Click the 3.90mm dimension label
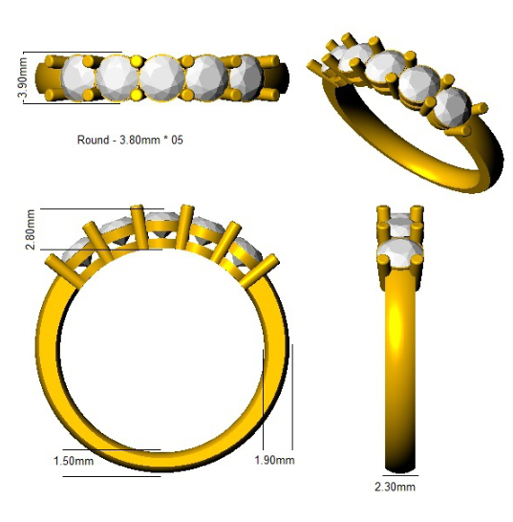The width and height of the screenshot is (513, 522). coord(22,77)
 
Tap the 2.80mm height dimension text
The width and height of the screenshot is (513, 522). coord(30,229)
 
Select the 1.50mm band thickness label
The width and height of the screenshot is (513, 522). coord(74,461)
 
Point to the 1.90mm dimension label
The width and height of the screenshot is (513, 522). coord(274,460)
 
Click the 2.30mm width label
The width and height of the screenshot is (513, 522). coord(395,487)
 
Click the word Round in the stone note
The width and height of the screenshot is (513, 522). coord(93,140)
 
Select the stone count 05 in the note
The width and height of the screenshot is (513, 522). coord(177,140)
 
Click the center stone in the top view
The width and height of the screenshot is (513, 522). coord(162,78)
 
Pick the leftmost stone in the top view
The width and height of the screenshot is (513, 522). coord(79,78)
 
